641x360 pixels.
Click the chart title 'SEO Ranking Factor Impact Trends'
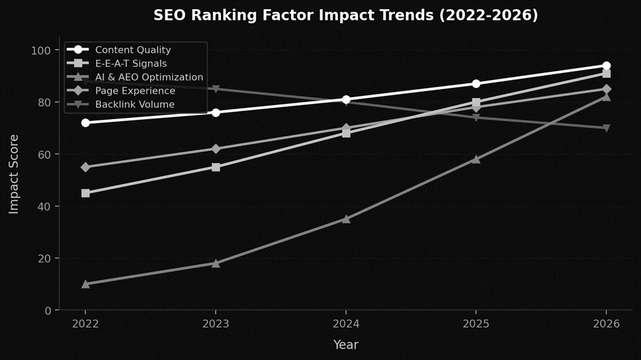(x=345, y=15)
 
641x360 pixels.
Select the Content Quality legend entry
(x=133, y=50)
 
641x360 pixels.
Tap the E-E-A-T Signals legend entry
(x=130, y=64)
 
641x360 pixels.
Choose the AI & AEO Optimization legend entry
(x=149, y=77)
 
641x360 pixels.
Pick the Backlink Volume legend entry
(x=134, y=105)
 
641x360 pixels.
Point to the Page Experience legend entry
(x=135, y=91)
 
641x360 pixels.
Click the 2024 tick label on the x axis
(x=346, y=324)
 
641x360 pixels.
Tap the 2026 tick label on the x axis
(x=607, y=324)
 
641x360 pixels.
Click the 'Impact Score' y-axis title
(x=14, y=174)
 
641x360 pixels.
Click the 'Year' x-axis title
(x=346, y=345)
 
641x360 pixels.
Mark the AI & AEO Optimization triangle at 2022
(x=85, y=284)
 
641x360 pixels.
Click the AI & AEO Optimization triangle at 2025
(x=476, y=159)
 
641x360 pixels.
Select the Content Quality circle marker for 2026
(x=607, y=66)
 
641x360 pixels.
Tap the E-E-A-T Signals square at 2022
(x=85, y=193)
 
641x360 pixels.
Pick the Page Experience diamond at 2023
(x=216, y=149)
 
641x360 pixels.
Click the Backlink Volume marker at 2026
(x=607, y=128)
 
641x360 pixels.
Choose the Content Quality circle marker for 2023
(x=216, y=112)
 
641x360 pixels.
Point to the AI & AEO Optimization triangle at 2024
(x=346, y=218)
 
